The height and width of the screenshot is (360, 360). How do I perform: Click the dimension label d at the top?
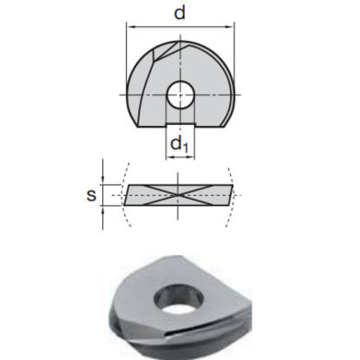point(180,13)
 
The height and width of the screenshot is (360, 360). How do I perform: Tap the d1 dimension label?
point(180,144)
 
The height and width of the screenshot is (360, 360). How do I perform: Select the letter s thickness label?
point(91,195)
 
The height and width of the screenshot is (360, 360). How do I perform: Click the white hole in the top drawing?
point(180,95)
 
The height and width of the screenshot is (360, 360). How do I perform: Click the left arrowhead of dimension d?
point(130,27)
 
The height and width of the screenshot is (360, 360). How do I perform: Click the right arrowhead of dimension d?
point(231,27)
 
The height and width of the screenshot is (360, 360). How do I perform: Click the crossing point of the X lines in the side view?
point(178,195)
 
